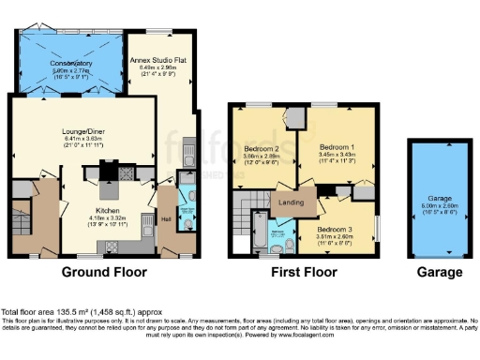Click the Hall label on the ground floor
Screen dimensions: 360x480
tap(165, 218)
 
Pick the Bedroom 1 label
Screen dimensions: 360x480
tap(337, 147)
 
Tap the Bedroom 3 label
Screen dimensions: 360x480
tap(335, 230)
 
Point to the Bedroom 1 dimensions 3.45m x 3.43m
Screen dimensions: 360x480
tap(337, 156)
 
